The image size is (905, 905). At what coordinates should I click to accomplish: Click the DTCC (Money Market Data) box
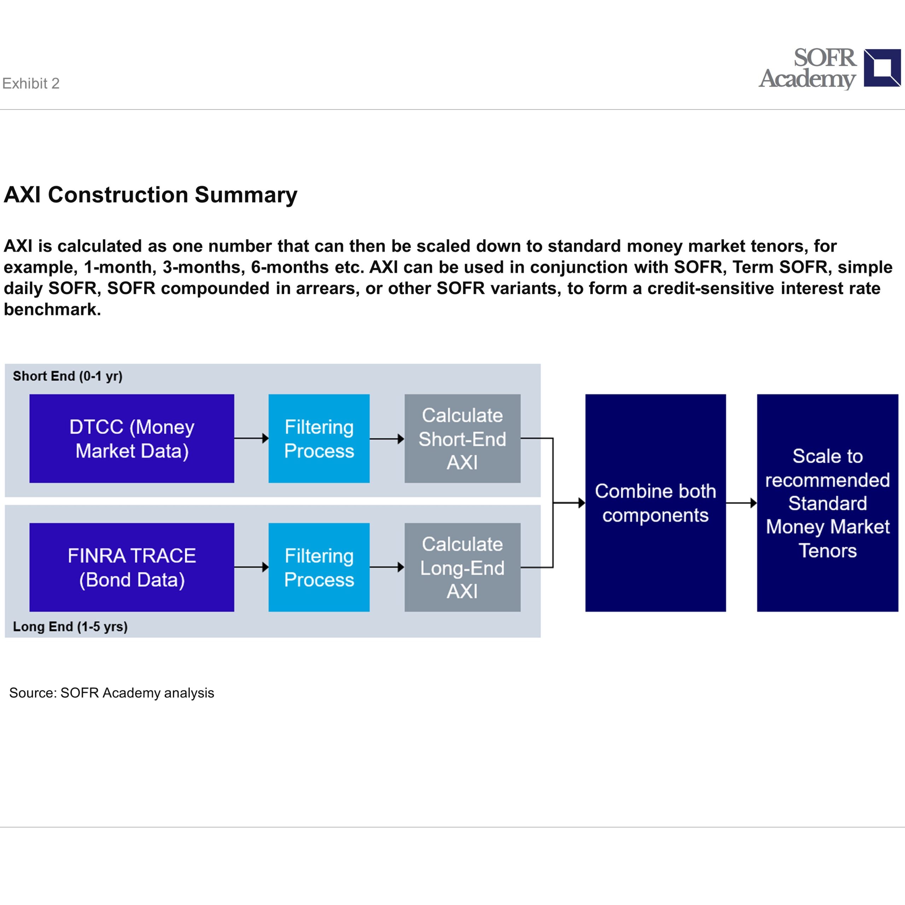point(132,438)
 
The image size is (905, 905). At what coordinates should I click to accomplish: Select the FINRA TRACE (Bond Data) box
point(132,567)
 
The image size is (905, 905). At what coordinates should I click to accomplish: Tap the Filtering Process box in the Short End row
point(319,438)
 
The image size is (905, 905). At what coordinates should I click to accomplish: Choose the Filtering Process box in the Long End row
point(319,567)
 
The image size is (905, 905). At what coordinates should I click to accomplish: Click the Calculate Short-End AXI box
point(462,438)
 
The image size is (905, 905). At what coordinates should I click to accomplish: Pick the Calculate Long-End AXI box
point(462,567)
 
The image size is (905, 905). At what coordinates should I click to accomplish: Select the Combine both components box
point(655,503)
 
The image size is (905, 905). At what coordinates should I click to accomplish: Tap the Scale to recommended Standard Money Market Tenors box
point(827,503)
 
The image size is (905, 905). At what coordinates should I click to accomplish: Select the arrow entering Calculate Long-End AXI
point(387,567)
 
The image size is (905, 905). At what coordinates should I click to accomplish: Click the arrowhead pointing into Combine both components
point(582,503)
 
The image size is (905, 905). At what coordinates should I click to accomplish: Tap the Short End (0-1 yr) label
point(68,376)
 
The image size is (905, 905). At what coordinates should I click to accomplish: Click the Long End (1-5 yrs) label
point(70,627)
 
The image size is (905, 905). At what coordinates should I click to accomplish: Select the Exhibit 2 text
point(31,83)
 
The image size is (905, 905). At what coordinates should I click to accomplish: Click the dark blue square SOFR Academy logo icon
point(882,68)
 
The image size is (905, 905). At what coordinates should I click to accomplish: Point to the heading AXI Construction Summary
point(150,195)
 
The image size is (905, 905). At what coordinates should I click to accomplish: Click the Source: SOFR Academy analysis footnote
point(111,693)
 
